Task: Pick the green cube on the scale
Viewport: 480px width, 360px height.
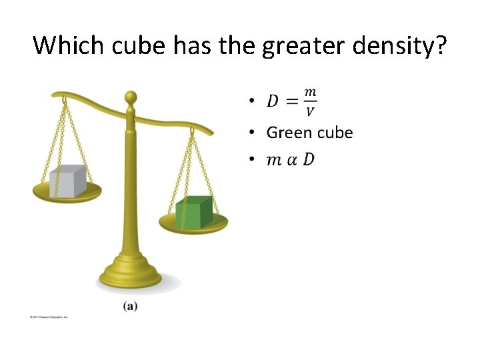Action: [x=194, y=212]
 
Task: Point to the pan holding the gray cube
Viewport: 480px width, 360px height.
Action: [x=67, y=194]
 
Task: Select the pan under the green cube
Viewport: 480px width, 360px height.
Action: [x=193, y=225]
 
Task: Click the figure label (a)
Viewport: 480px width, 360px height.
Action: [x=130, y=306]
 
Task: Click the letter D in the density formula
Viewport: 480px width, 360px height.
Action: [x=273, y=101]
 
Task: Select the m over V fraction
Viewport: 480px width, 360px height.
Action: [x=310, y=101]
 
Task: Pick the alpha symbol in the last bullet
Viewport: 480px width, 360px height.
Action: [x=291, y=160]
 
